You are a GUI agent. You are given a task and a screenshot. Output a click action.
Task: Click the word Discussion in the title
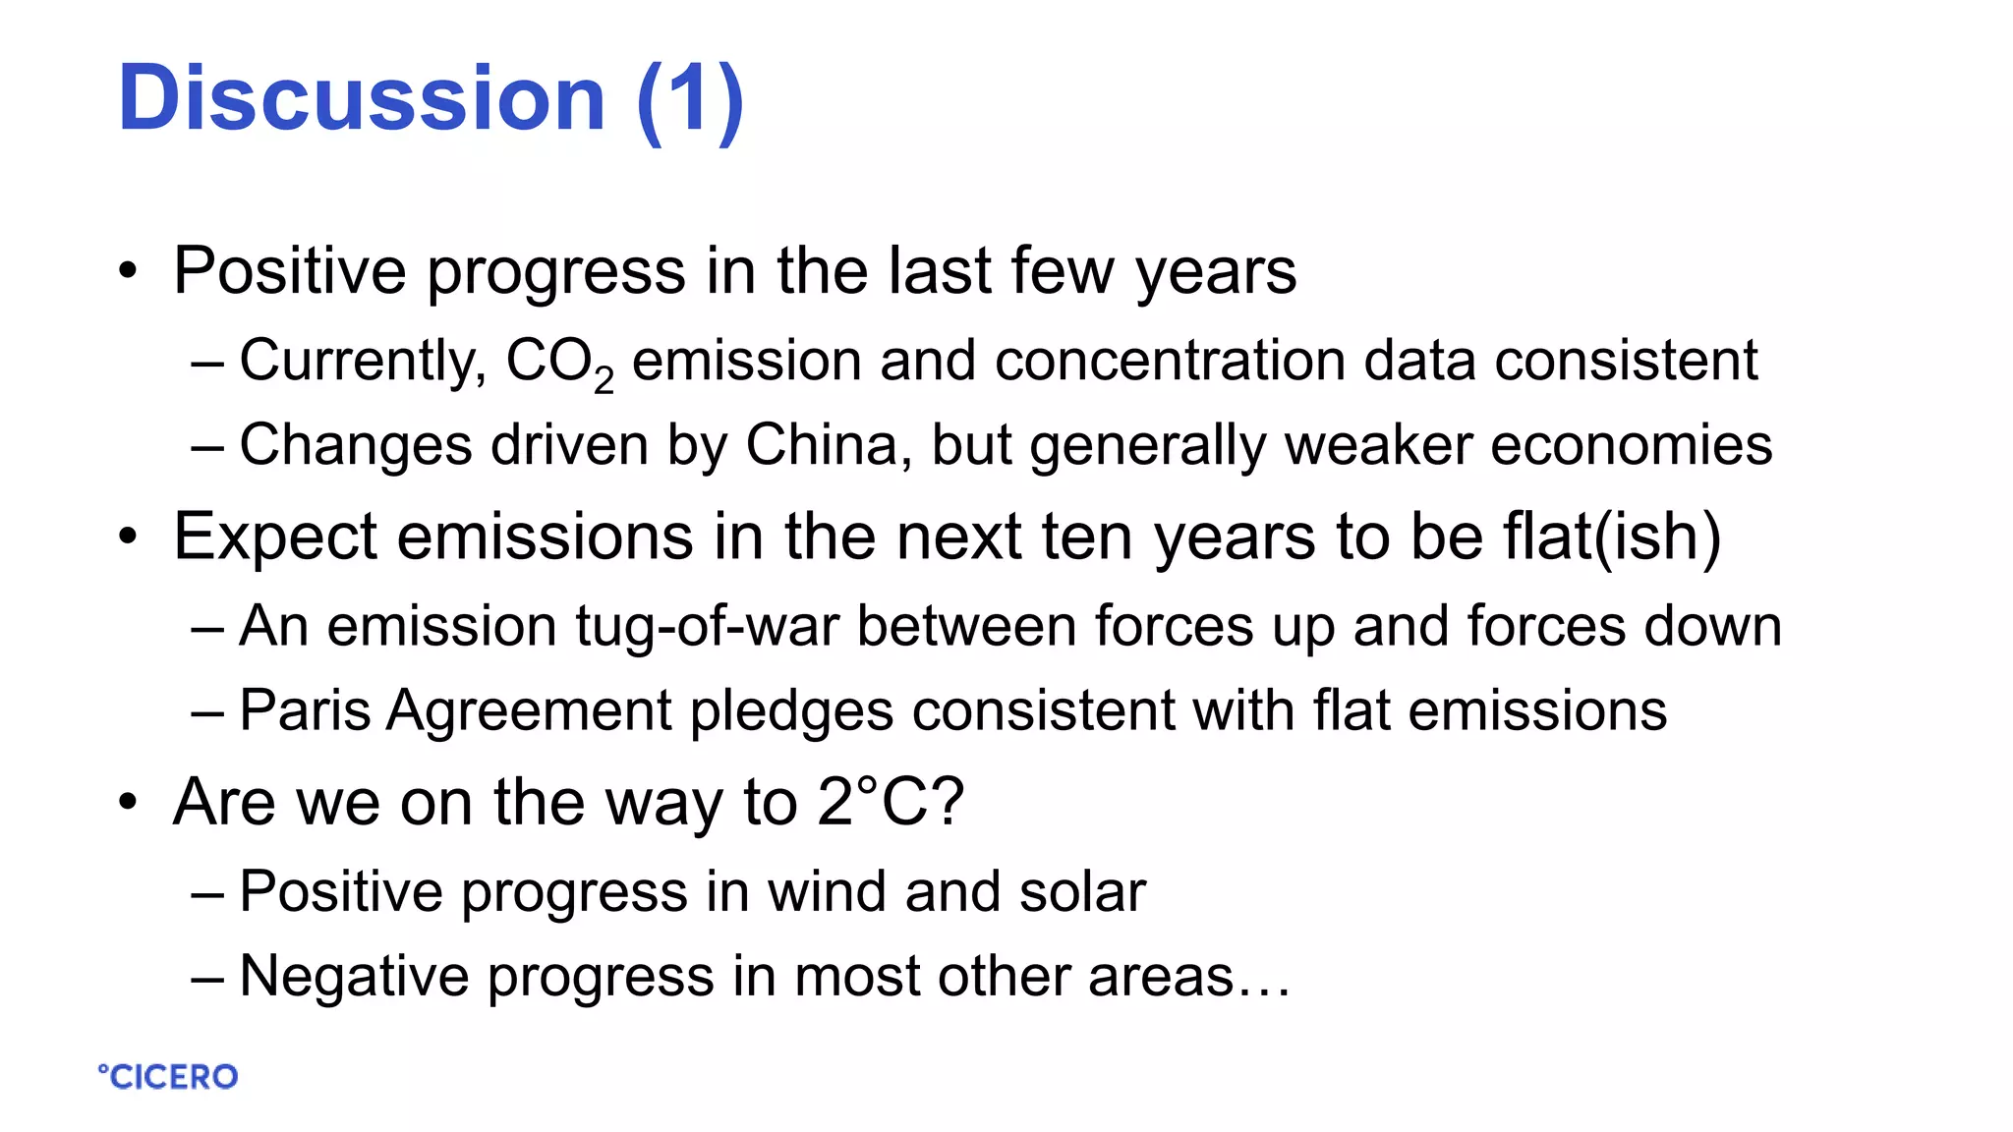[x=361, y=98]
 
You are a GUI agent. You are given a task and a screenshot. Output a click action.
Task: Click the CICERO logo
[x=168, y=1077]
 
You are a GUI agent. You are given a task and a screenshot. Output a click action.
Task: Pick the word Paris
[x=305, y=710]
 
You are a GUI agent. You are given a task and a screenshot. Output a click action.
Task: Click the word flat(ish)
[x=1612, y=538]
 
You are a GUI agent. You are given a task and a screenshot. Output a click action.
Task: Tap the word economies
[x=1632, y=445]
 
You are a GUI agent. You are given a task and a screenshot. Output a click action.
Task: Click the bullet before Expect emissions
[x=128, y=538]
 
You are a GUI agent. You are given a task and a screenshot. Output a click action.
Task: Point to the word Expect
[x=275, y=538]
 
